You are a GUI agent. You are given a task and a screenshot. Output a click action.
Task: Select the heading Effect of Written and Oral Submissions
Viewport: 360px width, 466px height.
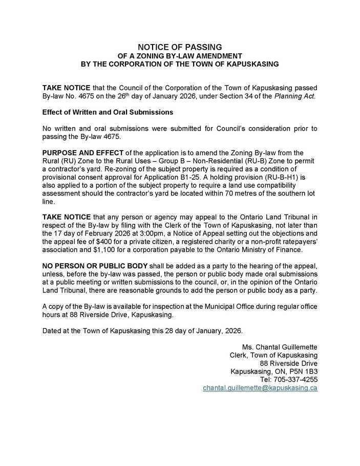tap(108, 112)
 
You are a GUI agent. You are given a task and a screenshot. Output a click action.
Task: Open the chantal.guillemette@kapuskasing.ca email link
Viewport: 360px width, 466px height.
tap(260, 388)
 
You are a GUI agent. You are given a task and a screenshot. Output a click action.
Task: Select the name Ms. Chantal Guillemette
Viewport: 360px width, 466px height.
tap(280, 347)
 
